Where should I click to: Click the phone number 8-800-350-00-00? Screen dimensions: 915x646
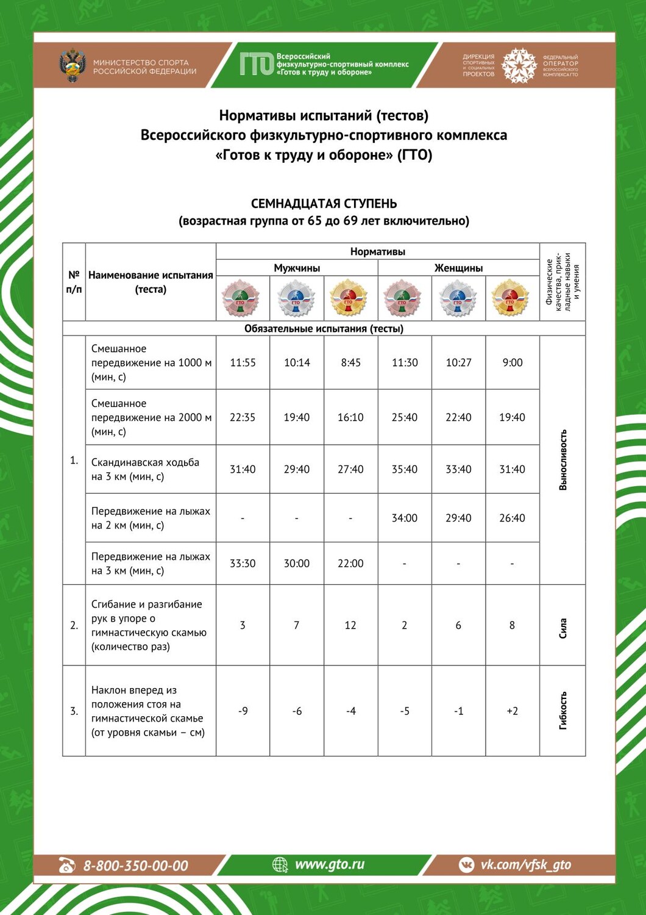135,865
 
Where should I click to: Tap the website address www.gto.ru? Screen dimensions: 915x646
329,864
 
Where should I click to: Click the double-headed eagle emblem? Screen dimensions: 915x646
73,65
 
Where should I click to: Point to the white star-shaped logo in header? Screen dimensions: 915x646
519,65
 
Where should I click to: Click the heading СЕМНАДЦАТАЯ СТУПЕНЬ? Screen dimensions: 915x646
324,204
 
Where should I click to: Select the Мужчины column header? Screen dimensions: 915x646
297,268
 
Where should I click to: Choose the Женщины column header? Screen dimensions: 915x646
458,268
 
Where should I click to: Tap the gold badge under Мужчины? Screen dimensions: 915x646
350,298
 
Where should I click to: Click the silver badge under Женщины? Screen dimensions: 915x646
458,298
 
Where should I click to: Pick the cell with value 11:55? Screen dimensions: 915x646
243,362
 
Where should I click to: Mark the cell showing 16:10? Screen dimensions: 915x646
350,417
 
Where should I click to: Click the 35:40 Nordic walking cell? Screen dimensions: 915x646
405,469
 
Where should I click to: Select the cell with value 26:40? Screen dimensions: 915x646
512,518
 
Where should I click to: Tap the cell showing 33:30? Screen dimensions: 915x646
243,563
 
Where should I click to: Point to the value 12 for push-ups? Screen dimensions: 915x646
350,625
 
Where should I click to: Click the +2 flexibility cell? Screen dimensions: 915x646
512,711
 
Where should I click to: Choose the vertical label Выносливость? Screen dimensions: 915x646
563,460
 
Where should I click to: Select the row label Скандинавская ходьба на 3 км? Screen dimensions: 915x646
145,469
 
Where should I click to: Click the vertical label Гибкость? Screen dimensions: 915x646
563,711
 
